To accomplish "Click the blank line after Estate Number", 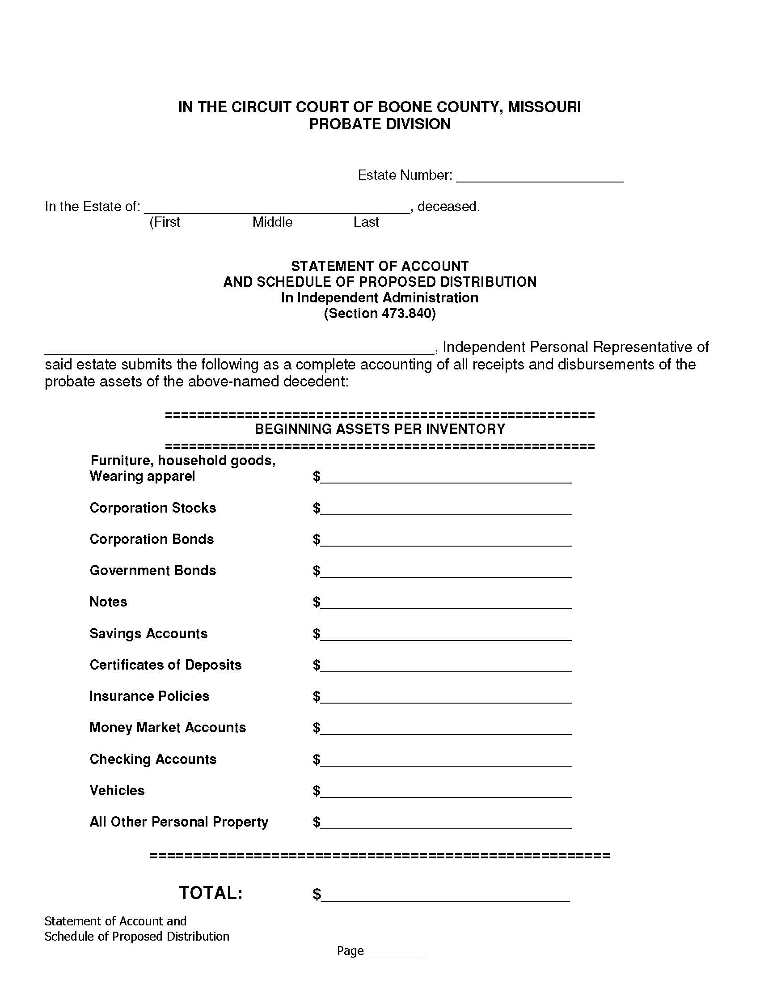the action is coord(540,177).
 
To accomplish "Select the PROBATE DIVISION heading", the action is coord(380,124).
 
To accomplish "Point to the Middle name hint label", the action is coord(272,222).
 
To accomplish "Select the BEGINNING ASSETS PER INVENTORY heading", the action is coord(380,429).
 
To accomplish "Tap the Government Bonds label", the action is coord(152,571).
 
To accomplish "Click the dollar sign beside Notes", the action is coord(317,602).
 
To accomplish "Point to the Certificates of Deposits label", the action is coord(165,665).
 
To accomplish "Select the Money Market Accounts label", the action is coord(168,728).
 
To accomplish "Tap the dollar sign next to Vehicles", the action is coord(317,791).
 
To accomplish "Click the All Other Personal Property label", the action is coord(179,822).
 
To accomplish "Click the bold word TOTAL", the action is coord(211,893).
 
